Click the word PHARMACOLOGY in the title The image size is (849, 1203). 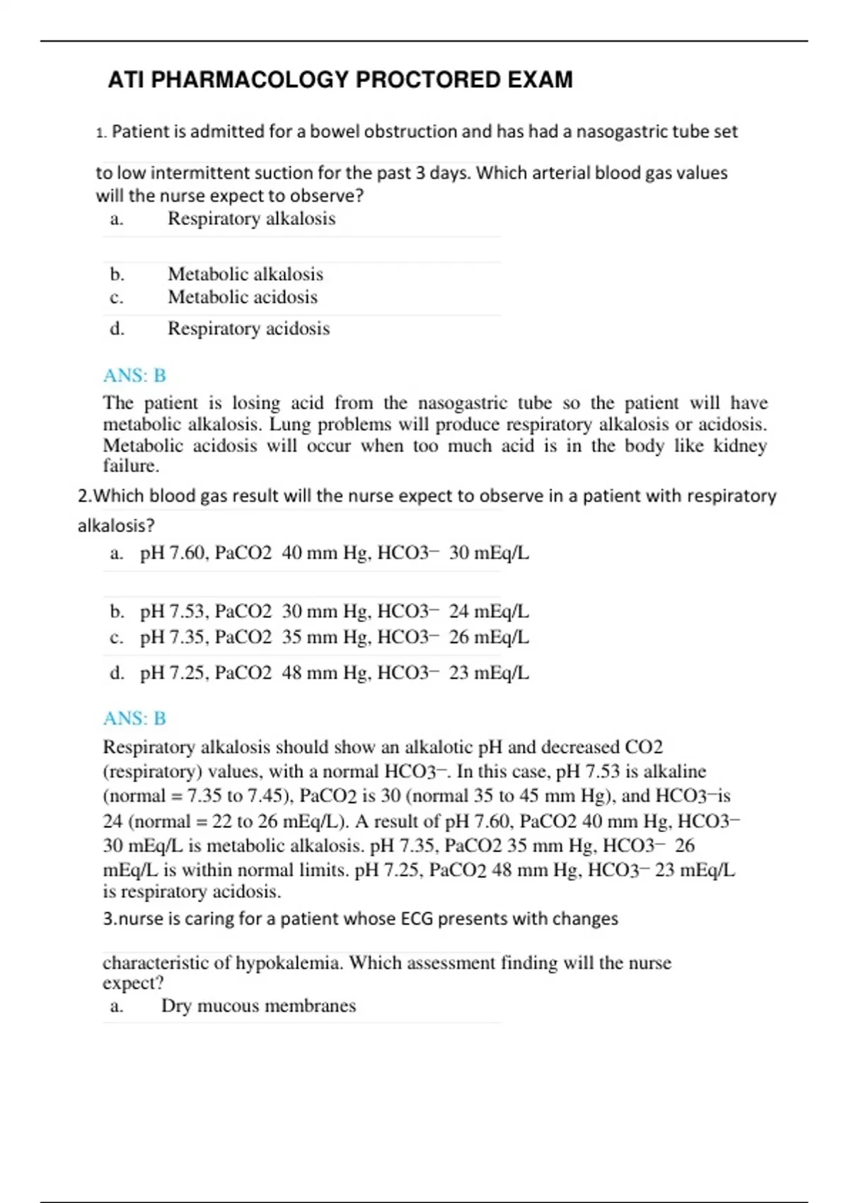pyautogui.click(x=250, y=80)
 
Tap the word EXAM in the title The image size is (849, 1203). pyautogui.click(x=540, y=80)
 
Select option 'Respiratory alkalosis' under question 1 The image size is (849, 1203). pyautogui.click(x=251, y=219)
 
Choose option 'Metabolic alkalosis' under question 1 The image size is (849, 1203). pyautogui.click(x=245, y=274)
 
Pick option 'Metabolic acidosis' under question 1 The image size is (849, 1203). pyautogui.click(x=242, y=297)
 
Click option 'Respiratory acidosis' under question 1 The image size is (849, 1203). pyautogui.click(x=248, y=328)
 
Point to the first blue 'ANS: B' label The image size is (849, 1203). pyautogui.click(x=134, y=375)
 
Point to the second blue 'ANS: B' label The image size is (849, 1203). pyautogui.click(x=134, y=718)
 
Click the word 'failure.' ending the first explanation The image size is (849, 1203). pyautogui.click(x=131, y=466)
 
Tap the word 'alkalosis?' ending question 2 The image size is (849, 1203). pyautogui.click(x=116, y=526)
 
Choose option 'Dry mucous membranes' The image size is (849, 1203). pyautogui.click(x=258, y=1006)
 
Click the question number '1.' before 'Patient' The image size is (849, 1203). pyautogui.click(x=101, y=132)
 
